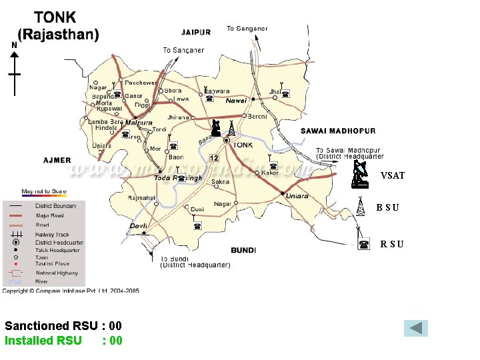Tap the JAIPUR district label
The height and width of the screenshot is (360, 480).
[196, 32]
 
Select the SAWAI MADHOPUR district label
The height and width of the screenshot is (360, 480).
[339, 131]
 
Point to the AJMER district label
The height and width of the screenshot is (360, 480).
[57, 161]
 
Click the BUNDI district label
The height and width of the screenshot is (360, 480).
[243, 251]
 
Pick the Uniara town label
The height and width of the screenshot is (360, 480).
[297, 196]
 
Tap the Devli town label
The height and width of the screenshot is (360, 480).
[138, 226]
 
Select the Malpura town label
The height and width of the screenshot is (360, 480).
[139, 123]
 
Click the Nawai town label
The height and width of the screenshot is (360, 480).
[236, 101]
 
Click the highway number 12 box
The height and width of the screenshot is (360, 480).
[213, 158]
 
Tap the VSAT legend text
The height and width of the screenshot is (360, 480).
[393, 176]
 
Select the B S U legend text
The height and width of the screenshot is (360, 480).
[387, 208]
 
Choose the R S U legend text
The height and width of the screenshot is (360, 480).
[391, 245]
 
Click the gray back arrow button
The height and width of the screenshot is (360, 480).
[416, 328]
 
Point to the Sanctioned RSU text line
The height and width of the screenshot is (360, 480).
[63, 326]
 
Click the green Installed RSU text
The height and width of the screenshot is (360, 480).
[43, 341]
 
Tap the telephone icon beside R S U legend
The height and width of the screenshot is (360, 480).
[363, 245]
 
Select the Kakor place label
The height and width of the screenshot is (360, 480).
[270, 173]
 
